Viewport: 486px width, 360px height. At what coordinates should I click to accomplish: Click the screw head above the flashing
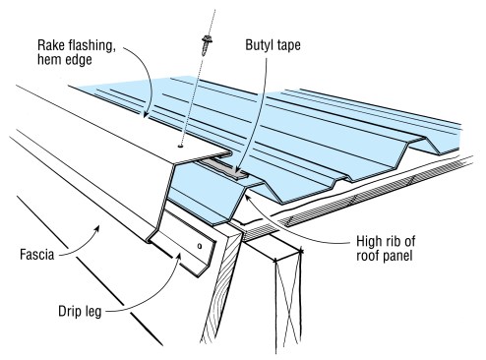pyautogui.click(x=207, y=39)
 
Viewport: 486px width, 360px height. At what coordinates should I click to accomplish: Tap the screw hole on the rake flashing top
pyautogui.click(x=180, y=146)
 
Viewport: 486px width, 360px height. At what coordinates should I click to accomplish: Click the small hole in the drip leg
pyautogui.click(x=200, y=246)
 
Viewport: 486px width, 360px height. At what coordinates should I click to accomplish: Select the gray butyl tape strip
pyautogui.click(x=224, y=168)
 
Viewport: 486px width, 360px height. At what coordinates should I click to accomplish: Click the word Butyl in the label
pyautogui.click(x=258, y=45)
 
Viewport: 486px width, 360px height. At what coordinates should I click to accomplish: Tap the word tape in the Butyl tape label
pyautogui.click(x=286, y=46)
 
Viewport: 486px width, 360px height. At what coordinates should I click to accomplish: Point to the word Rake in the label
pyautogui.click(x=50, y=45)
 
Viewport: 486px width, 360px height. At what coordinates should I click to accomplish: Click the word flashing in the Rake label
pyautogui.click(x=91, y=46)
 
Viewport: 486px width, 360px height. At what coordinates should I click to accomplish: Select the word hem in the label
pyautogui.click(x=49, y=60)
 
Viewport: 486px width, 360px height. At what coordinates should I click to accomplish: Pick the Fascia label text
pyautogui.click(x=37, y=255)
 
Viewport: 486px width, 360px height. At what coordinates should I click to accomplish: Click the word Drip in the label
pyautogui.click(x=69, y=311)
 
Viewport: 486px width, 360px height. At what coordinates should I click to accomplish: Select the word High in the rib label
pyautogui.click(x=370, y=242)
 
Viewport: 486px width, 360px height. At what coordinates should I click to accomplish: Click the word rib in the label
pyautogui.click(x=395, y=241)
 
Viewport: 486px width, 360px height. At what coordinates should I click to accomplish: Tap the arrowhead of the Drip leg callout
pyautogui.click(x=179, y=257)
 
